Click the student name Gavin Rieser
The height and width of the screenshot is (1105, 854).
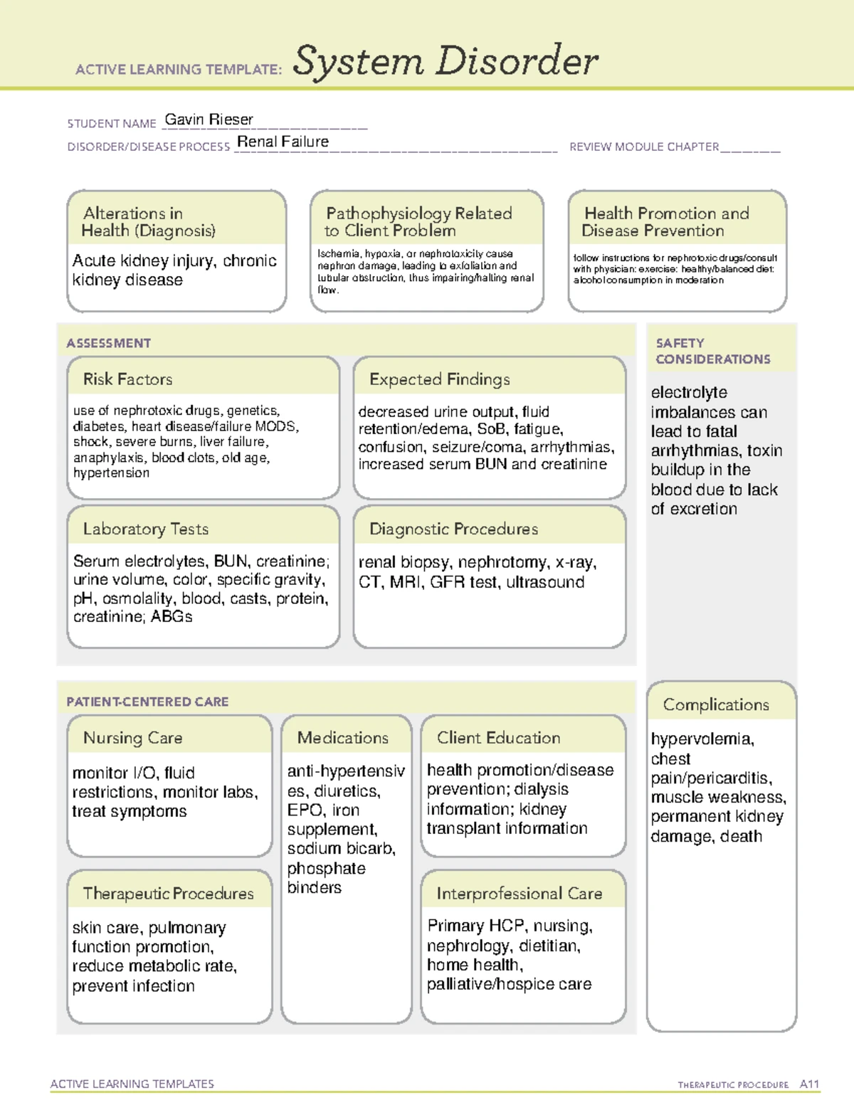point(209,120)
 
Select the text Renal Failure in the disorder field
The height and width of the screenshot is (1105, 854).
point(283,142)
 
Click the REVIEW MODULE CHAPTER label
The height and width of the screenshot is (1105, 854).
point(643,147)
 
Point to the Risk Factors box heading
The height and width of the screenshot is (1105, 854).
point(127,379)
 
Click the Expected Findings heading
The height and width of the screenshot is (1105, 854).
point(439,379)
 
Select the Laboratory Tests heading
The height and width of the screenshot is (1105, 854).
point(145,529)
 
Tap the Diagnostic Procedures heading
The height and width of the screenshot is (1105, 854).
point(453,529)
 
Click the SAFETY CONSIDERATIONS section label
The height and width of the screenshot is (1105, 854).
point(712,351)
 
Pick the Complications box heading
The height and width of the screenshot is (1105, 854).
point(715,704)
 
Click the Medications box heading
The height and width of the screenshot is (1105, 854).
point(342,738)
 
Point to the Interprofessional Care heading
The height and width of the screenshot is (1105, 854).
point(519,893)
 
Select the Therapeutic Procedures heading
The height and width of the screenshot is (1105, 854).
point(168,893)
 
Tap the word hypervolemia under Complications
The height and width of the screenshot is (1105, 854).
point(702,739)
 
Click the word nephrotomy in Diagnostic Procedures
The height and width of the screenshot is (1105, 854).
point(503,562)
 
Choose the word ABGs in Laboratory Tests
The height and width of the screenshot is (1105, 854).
point(172,616)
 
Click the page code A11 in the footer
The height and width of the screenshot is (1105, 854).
point(809,1084)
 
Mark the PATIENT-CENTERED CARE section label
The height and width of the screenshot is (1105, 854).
point(147,702)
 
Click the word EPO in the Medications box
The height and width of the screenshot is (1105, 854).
point(304,810)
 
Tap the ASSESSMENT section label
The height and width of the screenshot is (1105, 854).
point(108,343)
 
